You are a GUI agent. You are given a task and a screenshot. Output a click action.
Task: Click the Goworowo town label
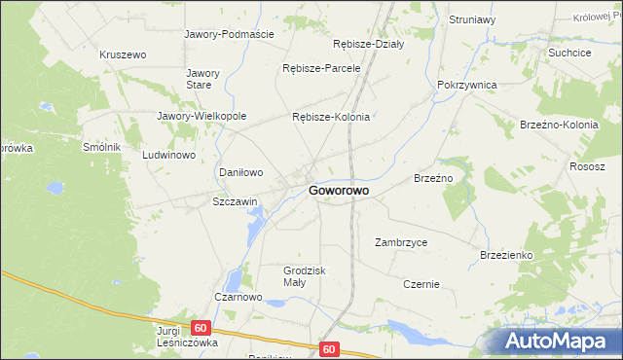(339, 192)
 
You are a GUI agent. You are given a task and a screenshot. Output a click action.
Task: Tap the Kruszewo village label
(123, 55)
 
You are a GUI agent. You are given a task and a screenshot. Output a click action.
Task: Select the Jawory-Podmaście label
(230, 33)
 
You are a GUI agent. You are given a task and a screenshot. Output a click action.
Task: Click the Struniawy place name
(473, 19)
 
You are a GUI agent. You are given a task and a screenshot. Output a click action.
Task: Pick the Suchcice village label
(569, 53)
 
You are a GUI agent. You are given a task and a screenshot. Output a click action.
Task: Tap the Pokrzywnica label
(467, 85)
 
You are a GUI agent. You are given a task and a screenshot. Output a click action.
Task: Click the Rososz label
(588, 165)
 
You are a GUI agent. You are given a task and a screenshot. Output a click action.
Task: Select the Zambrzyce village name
(401, 242)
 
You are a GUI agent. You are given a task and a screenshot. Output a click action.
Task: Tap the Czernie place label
(421, 285)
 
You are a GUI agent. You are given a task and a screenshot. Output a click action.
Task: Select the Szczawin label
(235, 202)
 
